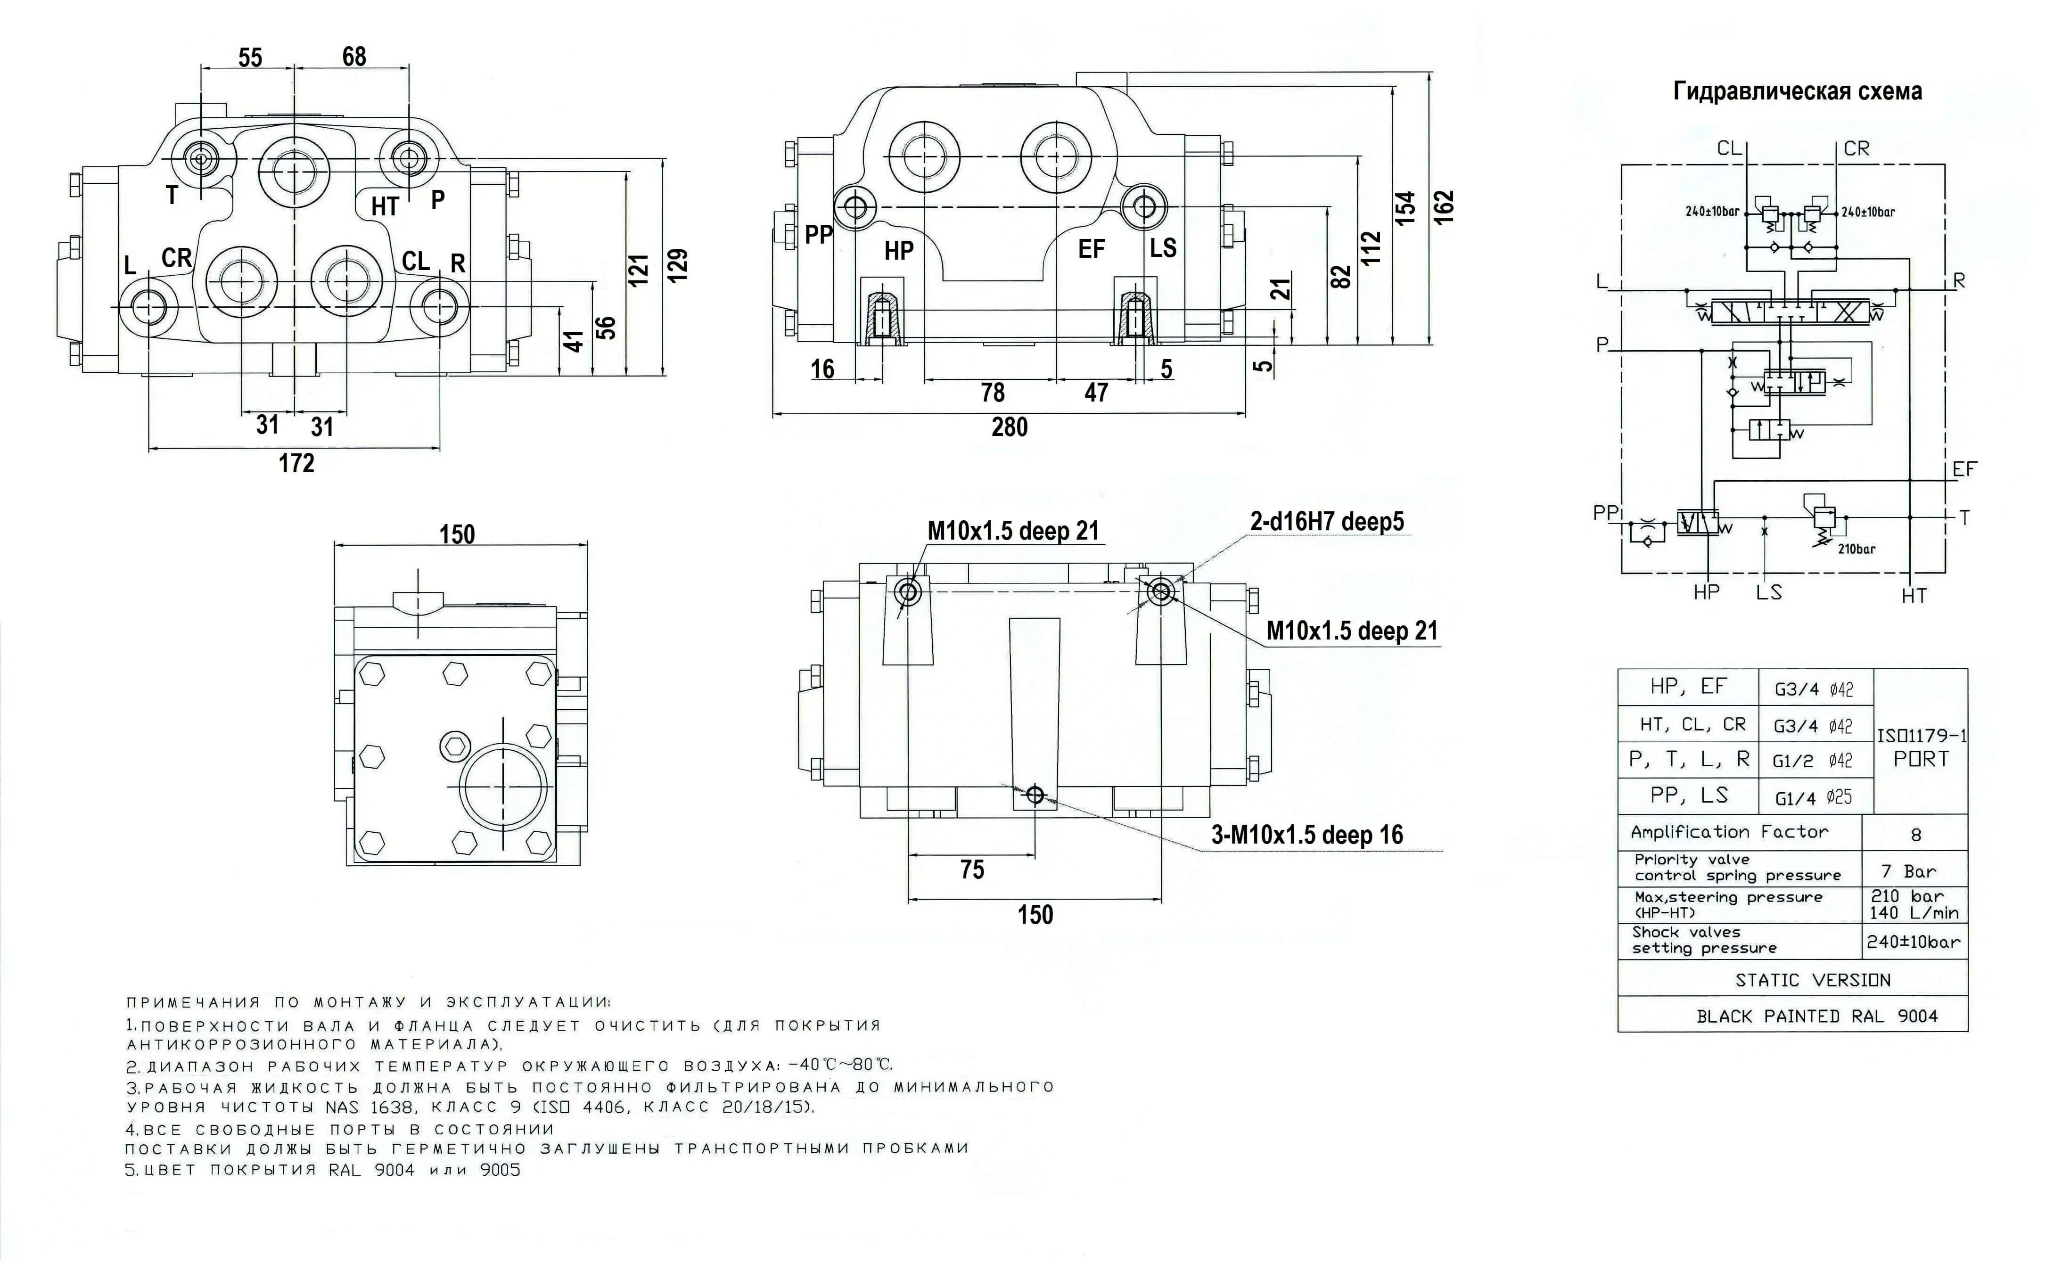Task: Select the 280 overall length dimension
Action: (x=1009, y=427)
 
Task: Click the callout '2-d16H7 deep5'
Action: (x=1327, y=522)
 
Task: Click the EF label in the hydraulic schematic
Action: (x=1964, y=469)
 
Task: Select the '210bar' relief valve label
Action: (x=1856, y=549)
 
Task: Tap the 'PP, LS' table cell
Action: (x=1689, y=795)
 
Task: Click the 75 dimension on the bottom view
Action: (x=972, y=870)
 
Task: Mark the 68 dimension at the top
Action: (x=353, y=57)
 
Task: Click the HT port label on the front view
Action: (x=385, y=206)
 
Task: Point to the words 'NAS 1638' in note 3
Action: (x=370, y=1107)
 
